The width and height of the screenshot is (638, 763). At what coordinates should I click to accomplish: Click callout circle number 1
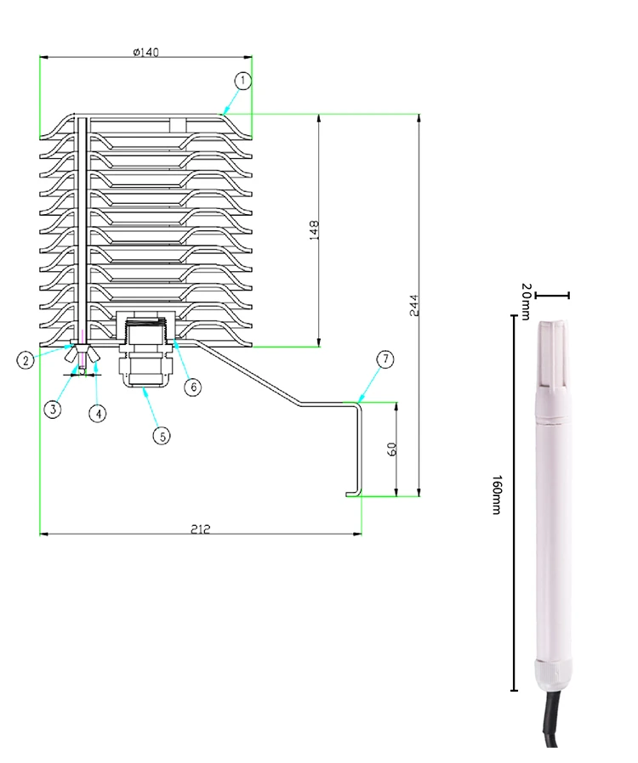pyautogui.click(x=243, y=81)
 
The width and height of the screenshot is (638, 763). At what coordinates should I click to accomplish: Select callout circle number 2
pyautogui.click(x=26, y=359)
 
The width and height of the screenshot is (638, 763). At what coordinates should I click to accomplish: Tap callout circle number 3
pyautogui.click(x=53, y=409)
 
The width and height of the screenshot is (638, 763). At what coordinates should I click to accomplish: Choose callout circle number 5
pyautogui.click(x=161, y=435)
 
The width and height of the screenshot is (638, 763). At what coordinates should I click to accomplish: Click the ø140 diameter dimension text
pyautogui.click(x=146, y=52)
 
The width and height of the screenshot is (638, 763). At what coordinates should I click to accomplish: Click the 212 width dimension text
pyautogui.click(x=200, y=528)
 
